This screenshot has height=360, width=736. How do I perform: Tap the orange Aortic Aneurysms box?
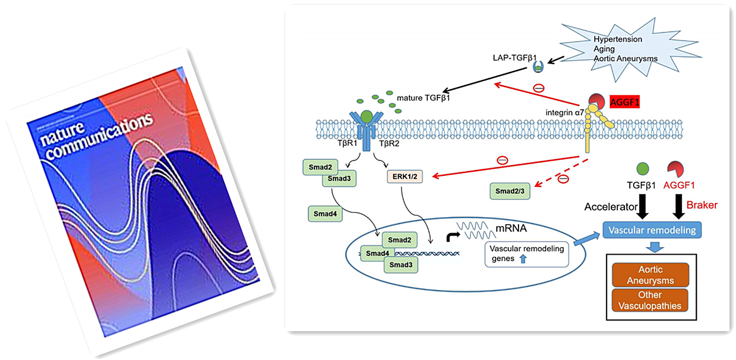coord(650,275)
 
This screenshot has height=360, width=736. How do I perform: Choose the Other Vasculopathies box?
coord(650,300)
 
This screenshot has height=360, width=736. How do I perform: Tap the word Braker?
coord(702,205)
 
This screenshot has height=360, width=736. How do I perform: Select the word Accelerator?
coord(611,206)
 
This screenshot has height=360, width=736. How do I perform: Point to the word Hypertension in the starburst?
coord(617,39)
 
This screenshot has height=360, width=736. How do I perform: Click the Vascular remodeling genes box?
coord(526,254)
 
